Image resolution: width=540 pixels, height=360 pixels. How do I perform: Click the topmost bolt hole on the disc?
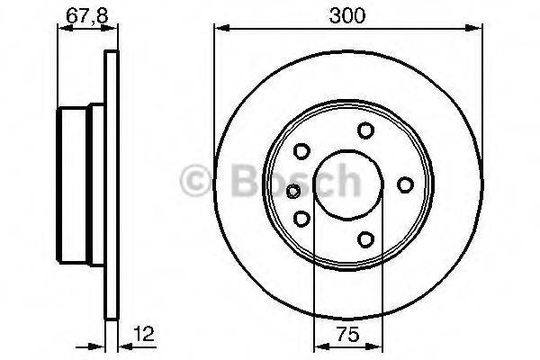pos(365,130)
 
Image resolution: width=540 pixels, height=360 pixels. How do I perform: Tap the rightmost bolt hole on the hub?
pos(405,185)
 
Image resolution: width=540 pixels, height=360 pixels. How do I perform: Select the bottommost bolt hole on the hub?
pos(365,239)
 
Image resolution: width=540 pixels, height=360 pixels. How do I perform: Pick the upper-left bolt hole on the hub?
pos(302,151)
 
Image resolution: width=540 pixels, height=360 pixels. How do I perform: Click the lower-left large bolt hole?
pos(302,219)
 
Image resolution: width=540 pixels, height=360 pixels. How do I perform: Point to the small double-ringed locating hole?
pos(292,190)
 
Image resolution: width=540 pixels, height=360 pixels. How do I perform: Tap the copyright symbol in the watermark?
pos(193,180)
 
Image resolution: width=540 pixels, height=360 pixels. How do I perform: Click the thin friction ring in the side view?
pos(112,185)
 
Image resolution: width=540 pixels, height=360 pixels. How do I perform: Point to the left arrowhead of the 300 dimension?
pos(219,29)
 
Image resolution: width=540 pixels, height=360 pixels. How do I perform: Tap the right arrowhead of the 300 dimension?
pos(476,29)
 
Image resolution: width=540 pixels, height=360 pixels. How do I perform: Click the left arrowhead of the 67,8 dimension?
pos(63,29)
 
